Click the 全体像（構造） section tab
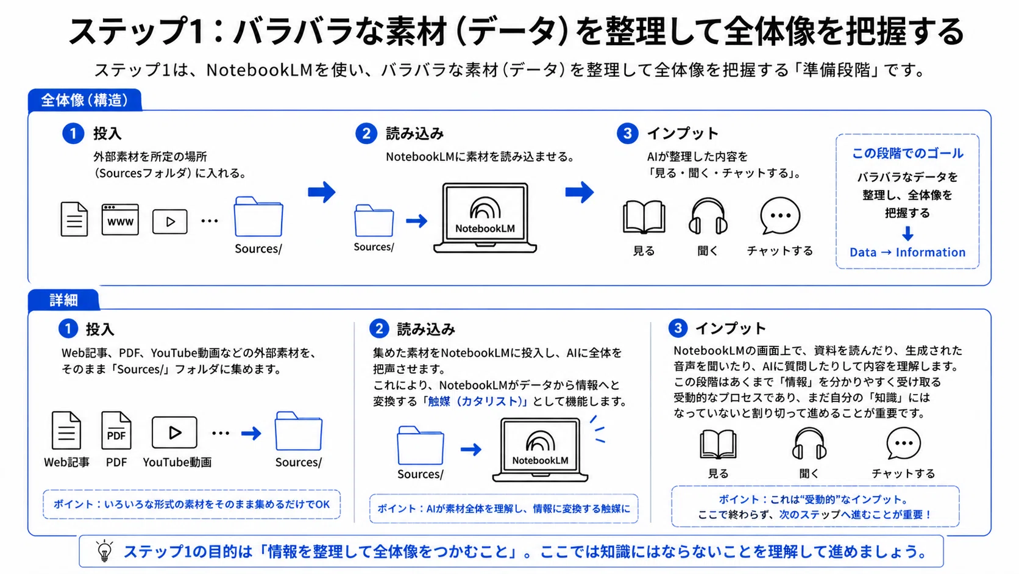click(x=85, y=99)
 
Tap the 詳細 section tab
click(x=63, y=300)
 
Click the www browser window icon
click(x=120, y=220)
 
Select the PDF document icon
click(x=116, y=431)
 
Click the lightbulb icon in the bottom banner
click(x=105, y=551)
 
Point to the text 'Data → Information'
click(x=907, y=252)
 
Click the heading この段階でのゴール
click(x=907, y=153)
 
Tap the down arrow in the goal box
click(x=907, y=234)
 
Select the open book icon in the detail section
click(x=718, y=444)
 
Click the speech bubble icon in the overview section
click(x=779, y=216)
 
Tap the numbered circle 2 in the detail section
click(x=379, y=329)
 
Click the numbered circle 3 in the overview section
click(x=627, y=134)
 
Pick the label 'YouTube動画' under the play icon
click(x=177, y=462)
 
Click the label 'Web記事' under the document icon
click(x=66, y=462)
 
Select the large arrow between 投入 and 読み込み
click(x=322, y=192)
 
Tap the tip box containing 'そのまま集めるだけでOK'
click(x=191, y=504)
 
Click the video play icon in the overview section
click(x=169, y=221)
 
